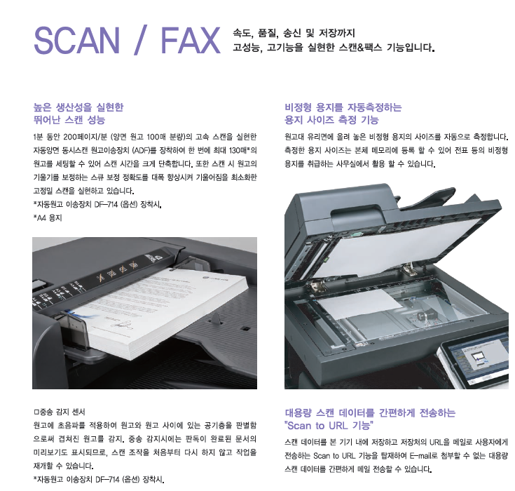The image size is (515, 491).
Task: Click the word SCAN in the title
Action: [x=77, y=40]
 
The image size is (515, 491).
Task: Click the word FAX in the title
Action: [x=191, y=40]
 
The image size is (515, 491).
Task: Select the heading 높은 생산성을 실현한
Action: [x=78, y=107]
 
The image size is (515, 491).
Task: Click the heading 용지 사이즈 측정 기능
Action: [x=331, y=120]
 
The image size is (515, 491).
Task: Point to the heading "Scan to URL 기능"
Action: [x=329, y=425]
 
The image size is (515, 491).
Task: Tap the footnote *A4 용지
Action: [x=48, y=217]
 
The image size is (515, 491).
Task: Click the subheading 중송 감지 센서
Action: [x=60, y=412]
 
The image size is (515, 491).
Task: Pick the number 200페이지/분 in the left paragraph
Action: [x=83, y=137]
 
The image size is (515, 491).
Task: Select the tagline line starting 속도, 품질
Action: [x=294, y=33]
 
